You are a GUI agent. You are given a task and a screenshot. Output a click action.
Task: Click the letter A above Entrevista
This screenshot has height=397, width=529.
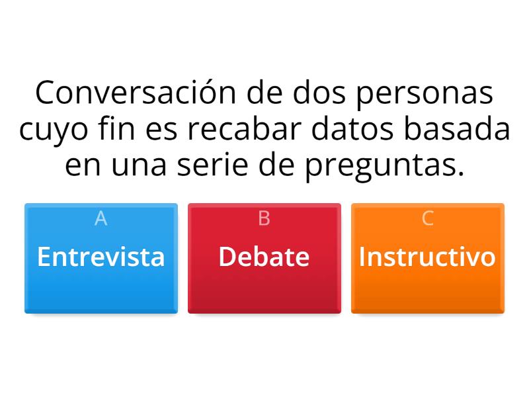point(101,218)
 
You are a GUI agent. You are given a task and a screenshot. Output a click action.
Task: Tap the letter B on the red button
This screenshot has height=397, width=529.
point(264,218)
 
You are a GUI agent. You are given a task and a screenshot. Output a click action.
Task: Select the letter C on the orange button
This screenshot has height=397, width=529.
point(428,218)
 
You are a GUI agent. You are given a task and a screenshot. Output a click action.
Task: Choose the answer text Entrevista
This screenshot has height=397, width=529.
point(101,257)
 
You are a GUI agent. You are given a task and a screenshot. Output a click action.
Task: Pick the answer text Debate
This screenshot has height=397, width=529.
point(264,257)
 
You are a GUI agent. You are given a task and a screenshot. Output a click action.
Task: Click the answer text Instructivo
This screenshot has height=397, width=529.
point(427,257)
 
